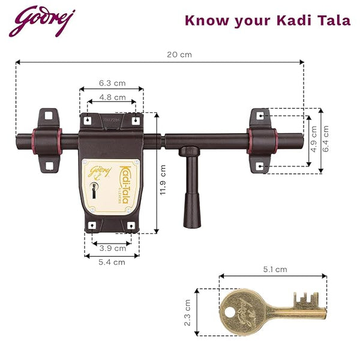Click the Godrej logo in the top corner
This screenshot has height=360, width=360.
[42, 22]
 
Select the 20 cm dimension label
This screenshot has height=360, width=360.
[179, 55]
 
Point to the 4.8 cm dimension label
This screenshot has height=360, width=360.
[112, 97]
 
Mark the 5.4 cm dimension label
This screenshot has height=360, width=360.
[112, 262]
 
